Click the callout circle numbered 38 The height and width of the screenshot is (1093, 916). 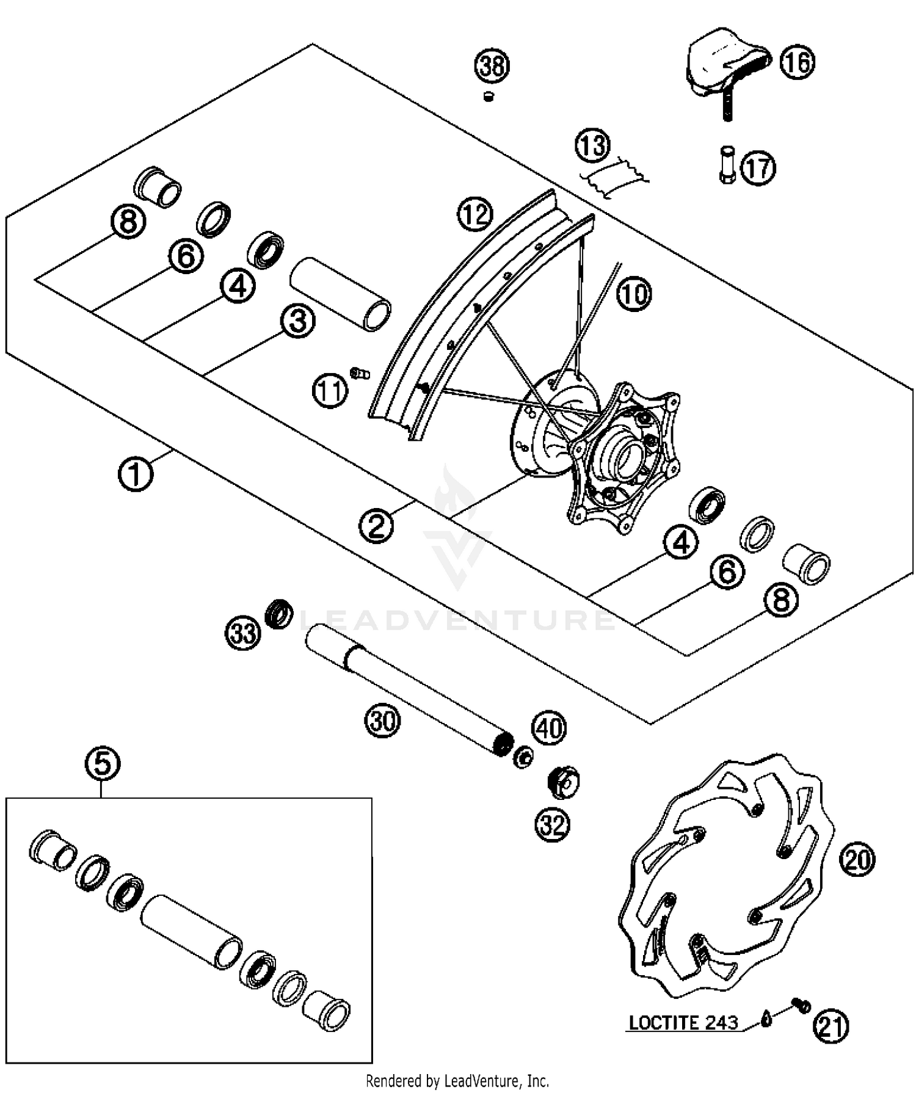coord(492,65)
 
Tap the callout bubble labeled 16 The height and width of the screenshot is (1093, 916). coord(798,62)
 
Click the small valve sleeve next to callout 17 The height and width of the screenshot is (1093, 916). coord(726,165)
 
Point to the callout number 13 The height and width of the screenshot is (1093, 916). coord(593,146)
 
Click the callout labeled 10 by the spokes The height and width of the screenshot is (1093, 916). coord(634,294)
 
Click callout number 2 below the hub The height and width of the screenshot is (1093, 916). coord(376,526)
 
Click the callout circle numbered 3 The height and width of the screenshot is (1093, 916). coord(298,321)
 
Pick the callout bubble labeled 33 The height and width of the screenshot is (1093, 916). coord(243,633)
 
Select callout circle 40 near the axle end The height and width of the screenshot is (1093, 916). coord(549,728)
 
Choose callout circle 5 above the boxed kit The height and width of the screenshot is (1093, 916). coord(103,763)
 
